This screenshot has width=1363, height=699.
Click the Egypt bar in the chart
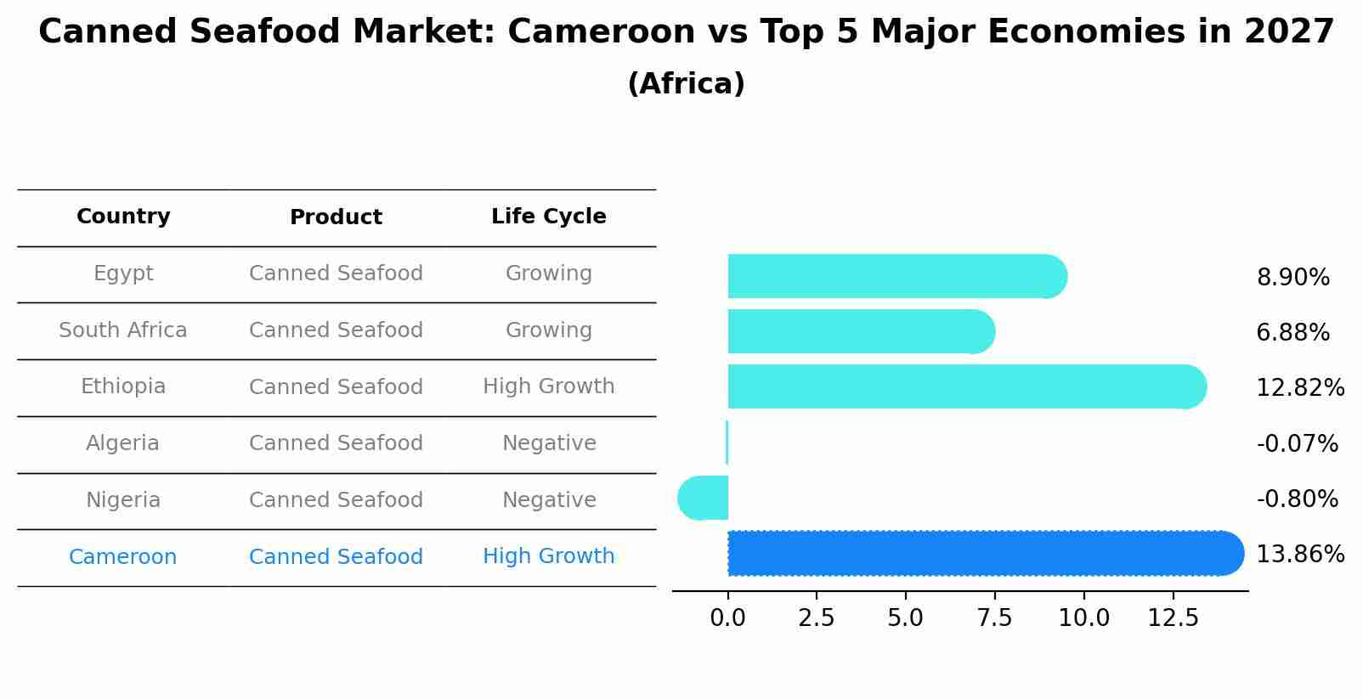click(x=892, y=276)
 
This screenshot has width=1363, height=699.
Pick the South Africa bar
click(x=858, y=331)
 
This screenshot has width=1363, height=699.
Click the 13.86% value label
click(x=1299, y=555)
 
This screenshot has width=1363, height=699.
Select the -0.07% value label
click(x=1297, y=443)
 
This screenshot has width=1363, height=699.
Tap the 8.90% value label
click(x=1292, y=278)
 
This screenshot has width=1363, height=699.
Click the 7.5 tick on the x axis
click(x=994, y=618)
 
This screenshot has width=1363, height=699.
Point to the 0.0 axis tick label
click(x=727, y=618)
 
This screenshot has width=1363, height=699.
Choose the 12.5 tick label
click(x=1173, y=618)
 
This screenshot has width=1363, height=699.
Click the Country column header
click(x=123, y=217)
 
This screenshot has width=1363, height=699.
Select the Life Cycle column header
click(x=548, y=217)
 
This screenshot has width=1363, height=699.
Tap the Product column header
click(x=336, y=217)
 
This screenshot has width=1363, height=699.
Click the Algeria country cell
click(x=122, y=443)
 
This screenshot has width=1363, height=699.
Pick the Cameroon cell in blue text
click(x=122, y=557)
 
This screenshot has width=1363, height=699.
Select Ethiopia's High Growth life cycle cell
click(x=548, y=386)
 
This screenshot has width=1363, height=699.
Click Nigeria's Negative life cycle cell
click(x=549, y=500)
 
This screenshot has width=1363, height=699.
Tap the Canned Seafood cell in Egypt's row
click(x=336, y=273)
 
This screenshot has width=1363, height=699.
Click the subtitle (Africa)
click(x=686, y=84)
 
